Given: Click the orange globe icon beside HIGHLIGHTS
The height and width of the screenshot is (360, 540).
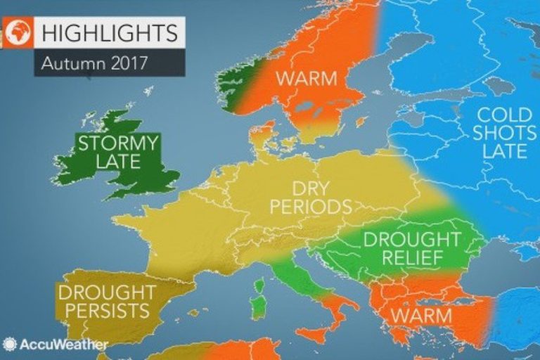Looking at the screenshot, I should [x=17, y=32].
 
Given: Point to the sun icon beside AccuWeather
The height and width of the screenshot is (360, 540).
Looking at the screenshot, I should [x=10, y=345].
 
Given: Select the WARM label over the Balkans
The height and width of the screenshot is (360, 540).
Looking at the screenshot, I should [x=420, y=315].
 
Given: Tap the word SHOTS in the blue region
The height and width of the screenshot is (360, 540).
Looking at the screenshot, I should [x=501, y=132].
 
